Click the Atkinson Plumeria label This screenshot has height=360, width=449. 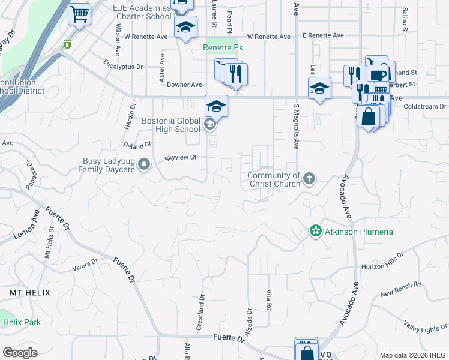coord(359,232)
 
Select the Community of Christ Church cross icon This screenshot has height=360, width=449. coord(309,178)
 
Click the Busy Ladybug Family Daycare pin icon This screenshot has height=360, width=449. coord(143,163)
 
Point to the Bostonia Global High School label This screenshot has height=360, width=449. coord(170,125)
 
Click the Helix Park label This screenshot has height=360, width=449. coord(21,322)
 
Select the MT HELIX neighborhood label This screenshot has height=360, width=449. coord(29,292)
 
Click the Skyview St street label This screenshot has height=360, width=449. coord(181,158)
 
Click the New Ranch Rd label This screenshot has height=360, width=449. coord(401,289)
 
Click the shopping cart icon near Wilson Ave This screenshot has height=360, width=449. coord(79,14)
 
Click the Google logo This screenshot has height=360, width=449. coord(20,353)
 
